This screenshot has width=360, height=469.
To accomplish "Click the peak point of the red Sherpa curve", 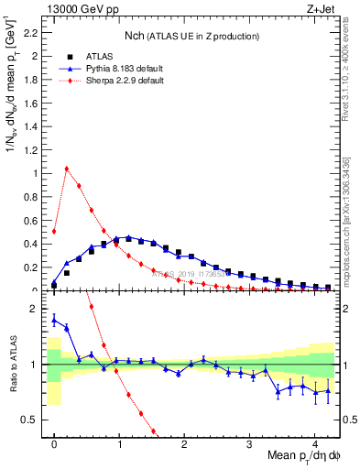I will click(x=67, y=169).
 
